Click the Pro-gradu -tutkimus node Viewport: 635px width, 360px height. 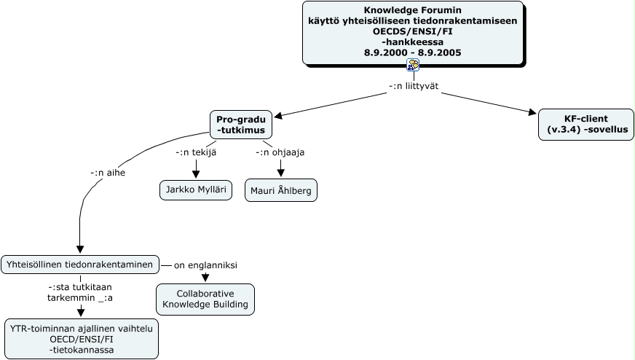point(241,125)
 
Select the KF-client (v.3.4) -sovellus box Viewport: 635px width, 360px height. point(585,124)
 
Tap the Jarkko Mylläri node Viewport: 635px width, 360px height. point(195,190)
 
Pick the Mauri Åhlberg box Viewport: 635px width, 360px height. point(280,190)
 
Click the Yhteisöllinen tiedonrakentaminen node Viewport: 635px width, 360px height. point(80,264)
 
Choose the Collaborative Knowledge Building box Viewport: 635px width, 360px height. point(205,300)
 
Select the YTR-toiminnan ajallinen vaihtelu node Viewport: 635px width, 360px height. point(81,339)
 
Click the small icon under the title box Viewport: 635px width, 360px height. point(413,65)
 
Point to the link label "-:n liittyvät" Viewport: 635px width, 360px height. point(414,86)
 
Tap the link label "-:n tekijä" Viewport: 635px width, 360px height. point(196,152)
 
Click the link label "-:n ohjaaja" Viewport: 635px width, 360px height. point(280,152)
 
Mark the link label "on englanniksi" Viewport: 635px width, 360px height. point(205,265)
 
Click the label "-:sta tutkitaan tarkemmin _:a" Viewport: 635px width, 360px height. point(80,292)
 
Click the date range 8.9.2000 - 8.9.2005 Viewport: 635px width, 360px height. point(413,52)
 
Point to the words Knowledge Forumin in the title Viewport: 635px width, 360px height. point(413,11)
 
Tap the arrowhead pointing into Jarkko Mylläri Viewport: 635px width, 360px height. point(196,173)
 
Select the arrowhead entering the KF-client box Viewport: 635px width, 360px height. point(531,112)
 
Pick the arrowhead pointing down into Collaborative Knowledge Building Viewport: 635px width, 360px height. point(205,278)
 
